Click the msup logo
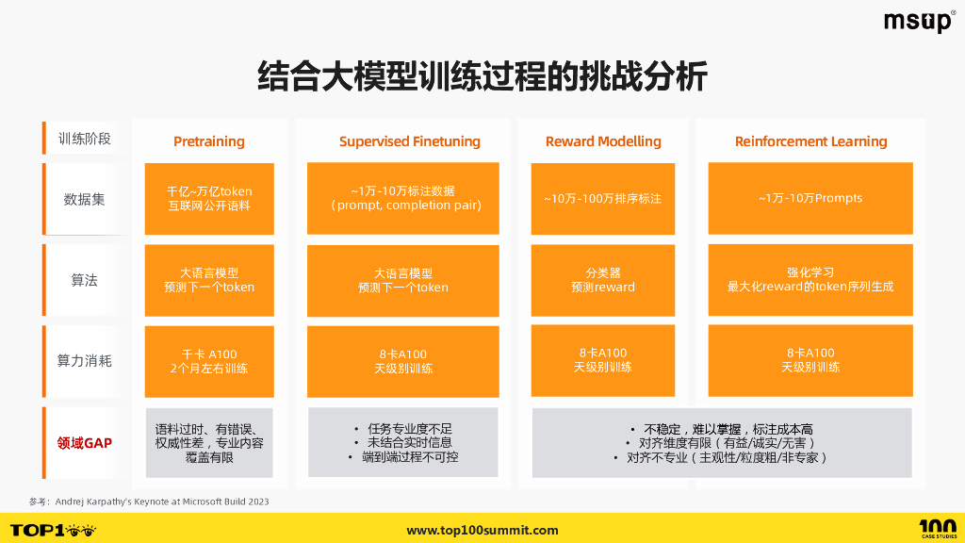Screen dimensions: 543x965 click(919, 22)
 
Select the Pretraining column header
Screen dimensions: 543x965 click(209, 141)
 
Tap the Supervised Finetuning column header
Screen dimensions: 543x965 click(410, 141)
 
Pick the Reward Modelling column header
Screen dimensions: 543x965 click(603, 141)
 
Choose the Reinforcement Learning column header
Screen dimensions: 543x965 click(810, 141)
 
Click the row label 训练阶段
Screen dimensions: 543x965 click(85, 139)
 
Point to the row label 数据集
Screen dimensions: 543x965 click(85, 199)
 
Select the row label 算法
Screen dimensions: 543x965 click(85, 280)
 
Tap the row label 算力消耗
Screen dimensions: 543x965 click(85, 360)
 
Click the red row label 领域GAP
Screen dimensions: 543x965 click(85, 442)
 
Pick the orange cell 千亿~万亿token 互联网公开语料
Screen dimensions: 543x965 click(209, 198)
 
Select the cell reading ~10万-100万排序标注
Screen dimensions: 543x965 click(603, 198)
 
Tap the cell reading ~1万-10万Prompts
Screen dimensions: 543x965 click(810, 198)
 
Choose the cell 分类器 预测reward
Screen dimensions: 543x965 click(603, 280)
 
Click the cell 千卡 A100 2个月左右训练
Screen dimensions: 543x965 click(209, 361)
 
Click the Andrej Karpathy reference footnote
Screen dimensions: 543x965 click(149, 502)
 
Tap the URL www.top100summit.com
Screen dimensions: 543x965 click(482, 531)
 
